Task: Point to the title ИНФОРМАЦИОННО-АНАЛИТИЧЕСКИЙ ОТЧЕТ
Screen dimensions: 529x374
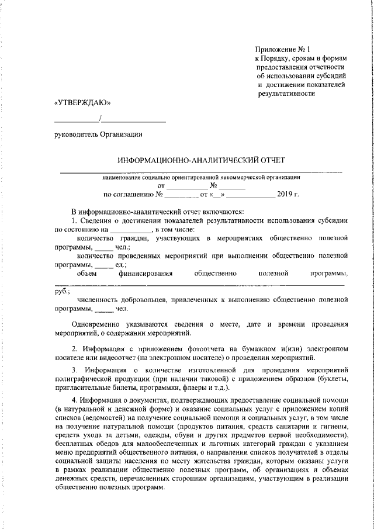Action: [x=202, y=160]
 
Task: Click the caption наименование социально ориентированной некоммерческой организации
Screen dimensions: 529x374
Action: [x=201, y=175]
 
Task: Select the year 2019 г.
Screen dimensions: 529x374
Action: [x=288, y=193]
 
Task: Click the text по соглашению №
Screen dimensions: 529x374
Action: [x=132, y=193]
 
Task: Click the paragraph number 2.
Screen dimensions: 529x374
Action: [x=73, y=348]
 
